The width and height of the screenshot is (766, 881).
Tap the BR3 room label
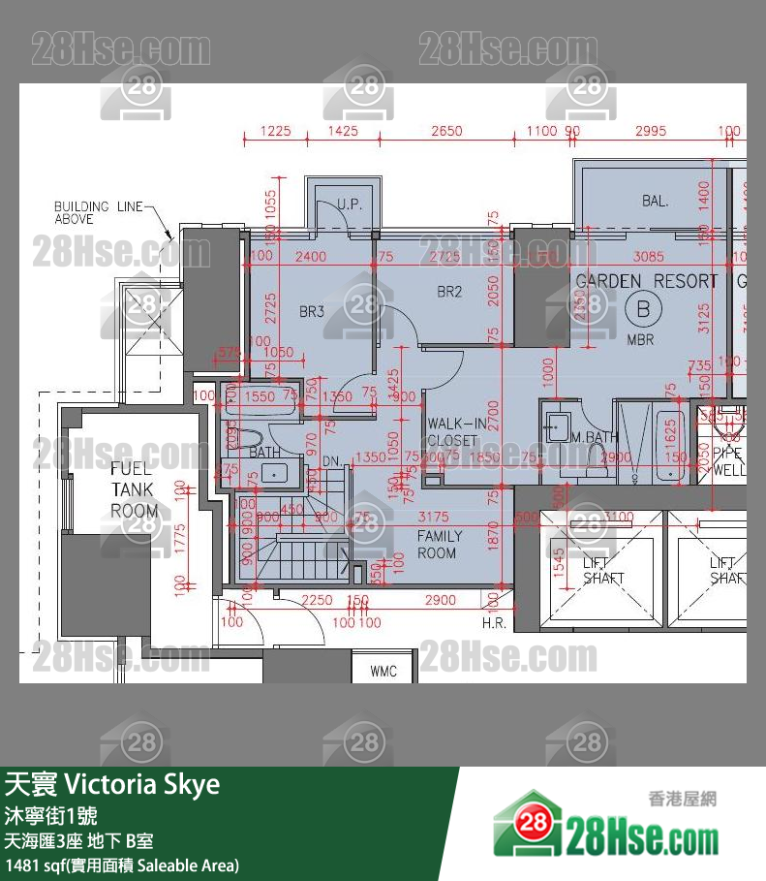[x=311, y=312]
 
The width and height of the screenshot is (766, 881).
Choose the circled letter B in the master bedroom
[x=640, y=310]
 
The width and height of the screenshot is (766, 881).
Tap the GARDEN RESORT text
[x=646, y=281]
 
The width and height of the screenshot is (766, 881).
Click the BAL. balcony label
[x=655, y=202]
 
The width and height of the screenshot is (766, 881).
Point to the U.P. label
[x=350, y=204]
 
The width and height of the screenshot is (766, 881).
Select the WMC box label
[x=384, y=672]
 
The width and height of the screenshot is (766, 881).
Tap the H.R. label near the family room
[x=494, y=623]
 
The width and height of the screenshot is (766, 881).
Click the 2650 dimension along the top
[x=446, y=131]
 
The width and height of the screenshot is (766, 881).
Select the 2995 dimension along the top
[x=651, y=131]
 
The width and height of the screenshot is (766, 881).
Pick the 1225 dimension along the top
[x=276, y=131]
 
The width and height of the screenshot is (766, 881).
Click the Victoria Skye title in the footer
[x=155, y=784]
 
